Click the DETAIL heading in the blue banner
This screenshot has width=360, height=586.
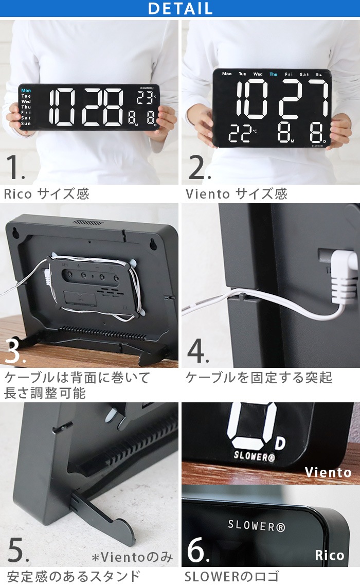click(x=180, y=9)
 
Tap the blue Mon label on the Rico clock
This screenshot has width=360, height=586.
click(x=26, y=91)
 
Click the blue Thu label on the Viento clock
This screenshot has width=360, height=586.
click(x=273, y=74)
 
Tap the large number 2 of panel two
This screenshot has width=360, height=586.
click(x=198, y=167)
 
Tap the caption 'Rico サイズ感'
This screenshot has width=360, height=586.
click(x=47, y=194)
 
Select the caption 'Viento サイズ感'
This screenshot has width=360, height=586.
click(x=236, y=194)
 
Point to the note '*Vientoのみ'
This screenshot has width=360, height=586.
click(x=133, y=557)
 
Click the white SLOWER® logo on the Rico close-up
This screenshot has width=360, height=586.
click(x=256, y=525)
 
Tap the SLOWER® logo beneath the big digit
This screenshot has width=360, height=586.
click(x=254, y=455)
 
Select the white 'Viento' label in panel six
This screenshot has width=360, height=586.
click(x=328, y=472)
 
